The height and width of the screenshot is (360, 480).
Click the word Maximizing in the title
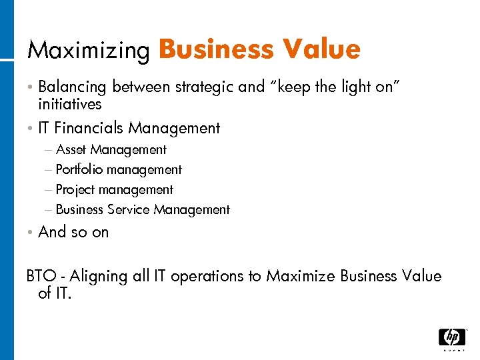(x=88, y=51)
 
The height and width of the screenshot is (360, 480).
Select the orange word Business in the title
(x=216, y=49)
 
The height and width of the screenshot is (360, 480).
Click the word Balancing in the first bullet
(x=73, y=87)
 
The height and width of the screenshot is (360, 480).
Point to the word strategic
(x=205, y=87)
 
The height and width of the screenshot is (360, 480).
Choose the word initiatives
(x=70, y=104)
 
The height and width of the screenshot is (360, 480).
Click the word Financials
(x=90, y=127)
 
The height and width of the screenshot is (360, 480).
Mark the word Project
(x=75, y=190)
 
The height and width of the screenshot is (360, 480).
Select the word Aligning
(x=99, y=276)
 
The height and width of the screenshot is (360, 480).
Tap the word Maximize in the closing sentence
(x=301, y=276)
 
